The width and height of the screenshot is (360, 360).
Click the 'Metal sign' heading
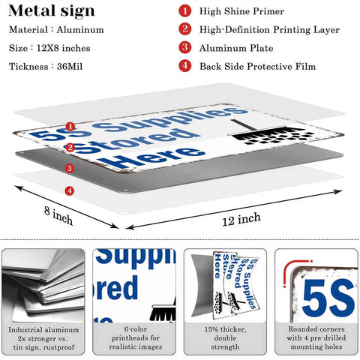tap(52, 11)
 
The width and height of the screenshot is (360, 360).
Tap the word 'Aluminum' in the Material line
tap(80, 30)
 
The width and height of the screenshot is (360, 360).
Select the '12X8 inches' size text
tap(64, 48)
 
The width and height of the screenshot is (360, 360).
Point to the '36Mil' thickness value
tap(70, 67)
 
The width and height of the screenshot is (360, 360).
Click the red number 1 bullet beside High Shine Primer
tap(185, 11)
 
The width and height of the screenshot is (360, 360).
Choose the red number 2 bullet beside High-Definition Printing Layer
tap(185, 29)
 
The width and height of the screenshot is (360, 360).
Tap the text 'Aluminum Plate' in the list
tap(236, 48)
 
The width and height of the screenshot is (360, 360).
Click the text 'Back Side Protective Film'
tap(257, 67)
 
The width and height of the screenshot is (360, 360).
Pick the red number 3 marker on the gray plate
tap(70, 168)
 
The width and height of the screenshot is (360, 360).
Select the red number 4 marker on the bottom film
tap(70, 191)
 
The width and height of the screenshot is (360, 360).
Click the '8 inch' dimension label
tap(58, 215)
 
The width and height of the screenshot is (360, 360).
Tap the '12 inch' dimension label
tap(241, 219)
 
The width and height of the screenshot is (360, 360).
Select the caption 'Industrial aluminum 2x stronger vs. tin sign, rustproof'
tap(43, 338)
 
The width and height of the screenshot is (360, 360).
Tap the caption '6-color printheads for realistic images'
tap(136, 338)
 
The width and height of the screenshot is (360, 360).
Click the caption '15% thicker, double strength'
tap(225, 338)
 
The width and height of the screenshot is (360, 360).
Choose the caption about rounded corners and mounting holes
tap(316, 338)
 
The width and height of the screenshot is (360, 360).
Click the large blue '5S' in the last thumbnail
tap(328, 298)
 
